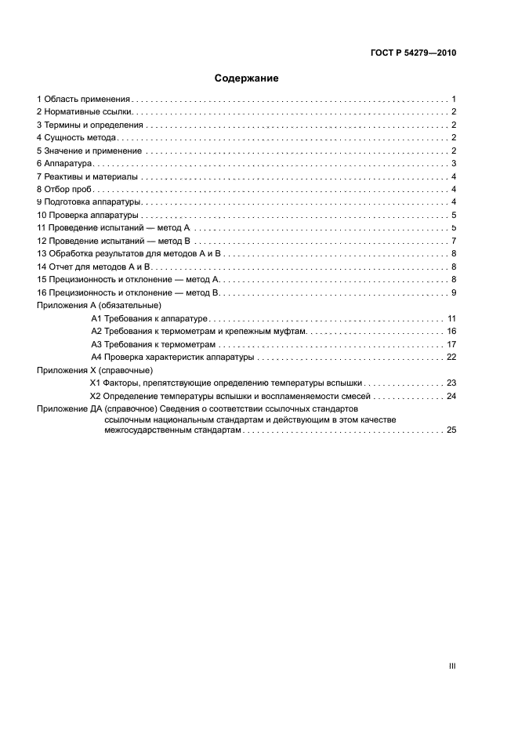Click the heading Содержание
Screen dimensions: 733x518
247,78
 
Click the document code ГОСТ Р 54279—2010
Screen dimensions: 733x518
413,54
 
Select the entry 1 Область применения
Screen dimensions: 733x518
84,100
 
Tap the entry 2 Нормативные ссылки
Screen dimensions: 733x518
83,112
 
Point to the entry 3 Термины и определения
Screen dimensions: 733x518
90,125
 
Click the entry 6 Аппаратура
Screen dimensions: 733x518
65,163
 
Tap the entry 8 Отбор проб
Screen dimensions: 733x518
66,189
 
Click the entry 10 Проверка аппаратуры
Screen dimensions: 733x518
88,215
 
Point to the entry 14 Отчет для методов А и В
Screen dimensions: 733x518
94,267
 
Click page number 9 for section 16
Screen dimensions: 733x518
454,292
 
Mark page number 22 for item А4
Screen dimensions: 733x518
451,357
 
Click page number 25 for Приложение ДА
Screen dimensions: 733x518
451,430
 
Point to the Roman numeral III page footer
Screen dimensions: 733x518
452,666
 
